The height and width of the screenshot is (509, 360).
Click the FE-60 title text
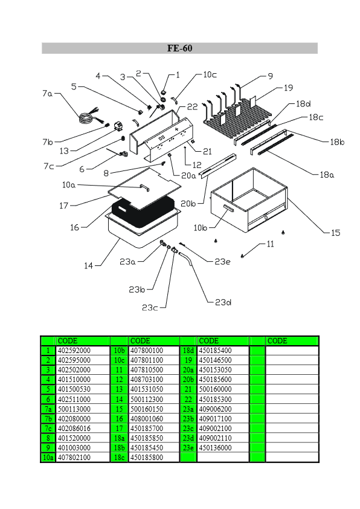(179, 48)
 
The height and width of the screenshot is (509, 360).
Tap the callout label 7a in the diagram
(47, 94)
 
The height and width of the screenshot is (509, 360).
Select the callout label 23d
(223, 302)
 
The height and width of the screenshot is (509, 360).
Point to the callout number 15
(336, 233)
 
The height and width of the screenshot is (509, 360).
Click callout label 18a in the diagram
(327, 175)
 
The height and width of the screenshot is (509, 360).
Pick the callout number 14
(89, 266)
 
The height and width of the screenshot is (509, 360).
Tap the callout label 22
(192, 107)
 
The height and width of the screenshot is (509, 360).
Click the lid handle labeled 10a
(144, 187)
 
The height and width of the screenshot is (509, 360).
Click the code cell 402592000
(74, 351)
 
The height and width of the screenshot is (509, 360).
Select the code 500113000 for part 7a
(74, 409)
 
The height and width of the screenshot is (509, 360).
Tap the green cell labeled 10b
(120, 351)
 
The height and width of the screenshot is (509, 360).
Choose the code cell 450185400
(216, 351)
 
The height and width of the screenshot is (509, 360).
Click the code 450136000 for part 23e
(216, 448)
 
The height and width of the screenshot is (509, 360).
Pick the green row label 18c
(120, 458)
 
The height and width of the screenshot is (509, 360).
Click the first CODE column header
(68, 341)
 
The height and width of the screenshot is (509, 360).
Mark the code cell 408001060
(147, 419)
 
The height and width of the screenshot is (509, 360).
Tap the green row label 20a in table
(188, 370)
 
